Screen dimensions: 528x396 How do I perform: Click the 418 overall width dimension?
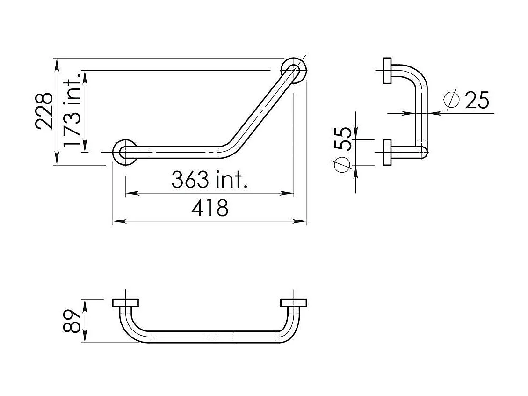click(x=210, y=207)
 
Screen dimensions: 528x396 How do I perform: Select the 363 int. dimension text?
click(x=210, y=179)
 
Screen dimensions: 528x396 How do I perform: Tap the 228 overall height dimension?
click(x=44, y=111)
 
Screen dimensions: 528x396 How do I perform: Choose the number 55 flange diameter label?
click(x=342, y=139)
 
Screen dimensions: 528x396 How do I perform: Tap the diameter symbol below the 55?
click(x=342, y=164)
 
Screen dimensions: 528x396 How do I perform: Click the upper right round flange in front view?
click(x=294, y=70)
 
